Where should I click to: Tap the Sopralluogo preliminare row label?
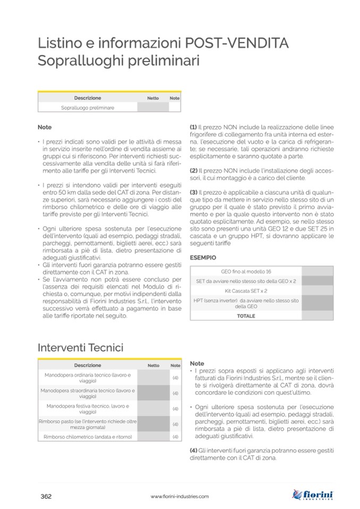tap(88, 107)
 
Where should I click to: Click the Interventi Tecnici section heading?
tap(81, 348)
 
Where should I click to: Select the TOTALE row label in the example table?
tap(246, 316)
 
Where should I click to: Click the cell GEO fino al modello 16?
tap(246, 271)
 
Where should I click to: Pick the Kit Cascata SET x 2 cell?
tap(246, 291)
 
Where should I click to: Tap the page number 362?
tap(46, 496)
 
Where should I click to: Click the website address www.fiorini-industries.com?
tap(179, 497)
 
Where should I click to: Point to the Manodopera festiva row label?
tap(88, 408)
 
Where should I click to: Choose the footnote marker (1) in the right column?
tap(194, 128)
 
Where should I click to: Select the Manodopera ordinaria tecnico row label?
tap(88, 377)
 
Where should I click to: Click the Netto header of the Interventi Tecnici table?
tap(153, 365)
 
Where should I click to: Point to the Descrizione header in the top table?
tap(88, 98)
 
